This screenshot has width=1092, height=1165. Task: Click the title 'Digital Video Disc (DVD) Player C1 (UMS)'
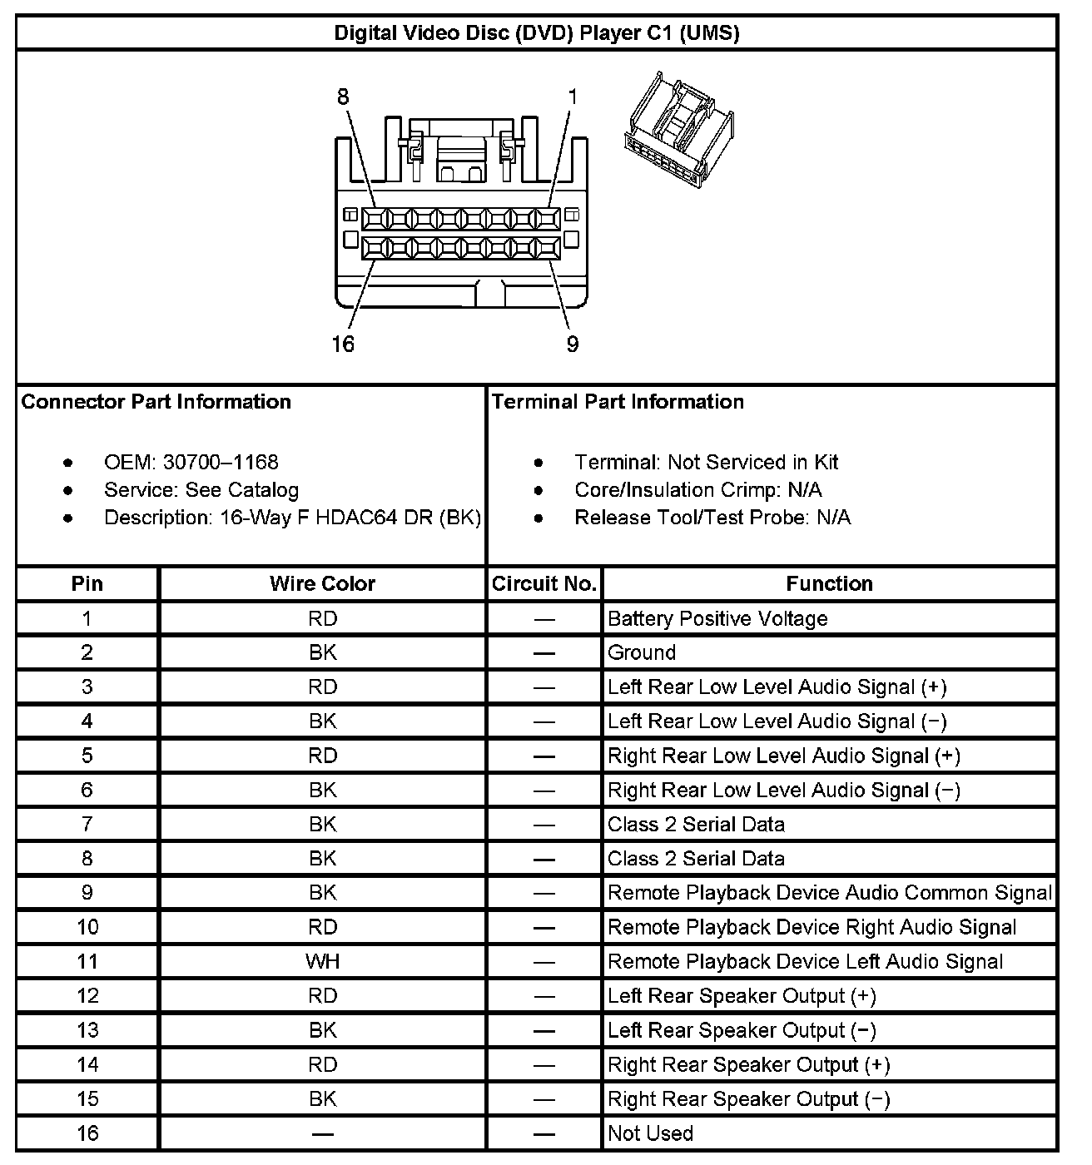pos(537,33)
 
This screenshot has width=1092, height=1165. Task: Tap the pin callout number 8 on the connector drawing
pos(343,97)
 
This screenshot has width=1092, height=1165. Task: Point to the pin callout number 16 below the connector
pos(343,344)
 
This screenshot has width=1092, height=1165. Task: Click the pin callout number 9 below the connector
pos(573,344)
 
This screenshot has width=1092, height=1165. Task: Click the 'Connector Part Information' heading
pos(156,402)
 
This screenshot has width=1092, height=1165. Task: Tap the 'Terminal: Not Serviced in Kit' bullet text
pos(706,462)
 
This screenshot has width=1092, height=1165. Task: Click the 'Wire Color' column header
pos(322,583)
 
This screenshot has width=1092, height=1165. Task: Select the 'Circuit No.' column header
pos(544,583)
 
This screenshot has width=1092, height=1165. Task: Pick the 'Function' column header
pos(829,583)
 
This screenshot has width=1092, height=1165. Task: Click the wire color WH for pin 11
pos(322,961)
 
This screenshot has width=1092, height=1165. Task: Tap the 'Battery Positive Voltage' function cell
pos(717,618)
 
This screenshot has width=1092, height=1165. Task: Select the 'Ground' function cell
pos(642,652)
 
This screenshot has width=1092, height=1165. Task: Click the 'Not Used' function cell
pos(650,1133)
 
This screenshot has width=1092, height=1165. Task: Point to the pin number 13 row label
pos(87,1030)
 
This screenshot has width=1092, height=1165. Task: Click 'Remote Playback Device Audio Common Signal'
pos(830,893)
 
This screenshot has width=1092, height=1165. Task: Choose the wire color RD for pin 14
pos(322,1064)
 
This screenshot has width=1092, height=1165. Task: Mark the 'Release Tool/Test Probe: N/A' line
pos(712,518)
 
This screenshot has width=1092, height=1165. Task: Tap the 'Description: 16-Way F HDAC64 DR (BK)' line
pos(292,518)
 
